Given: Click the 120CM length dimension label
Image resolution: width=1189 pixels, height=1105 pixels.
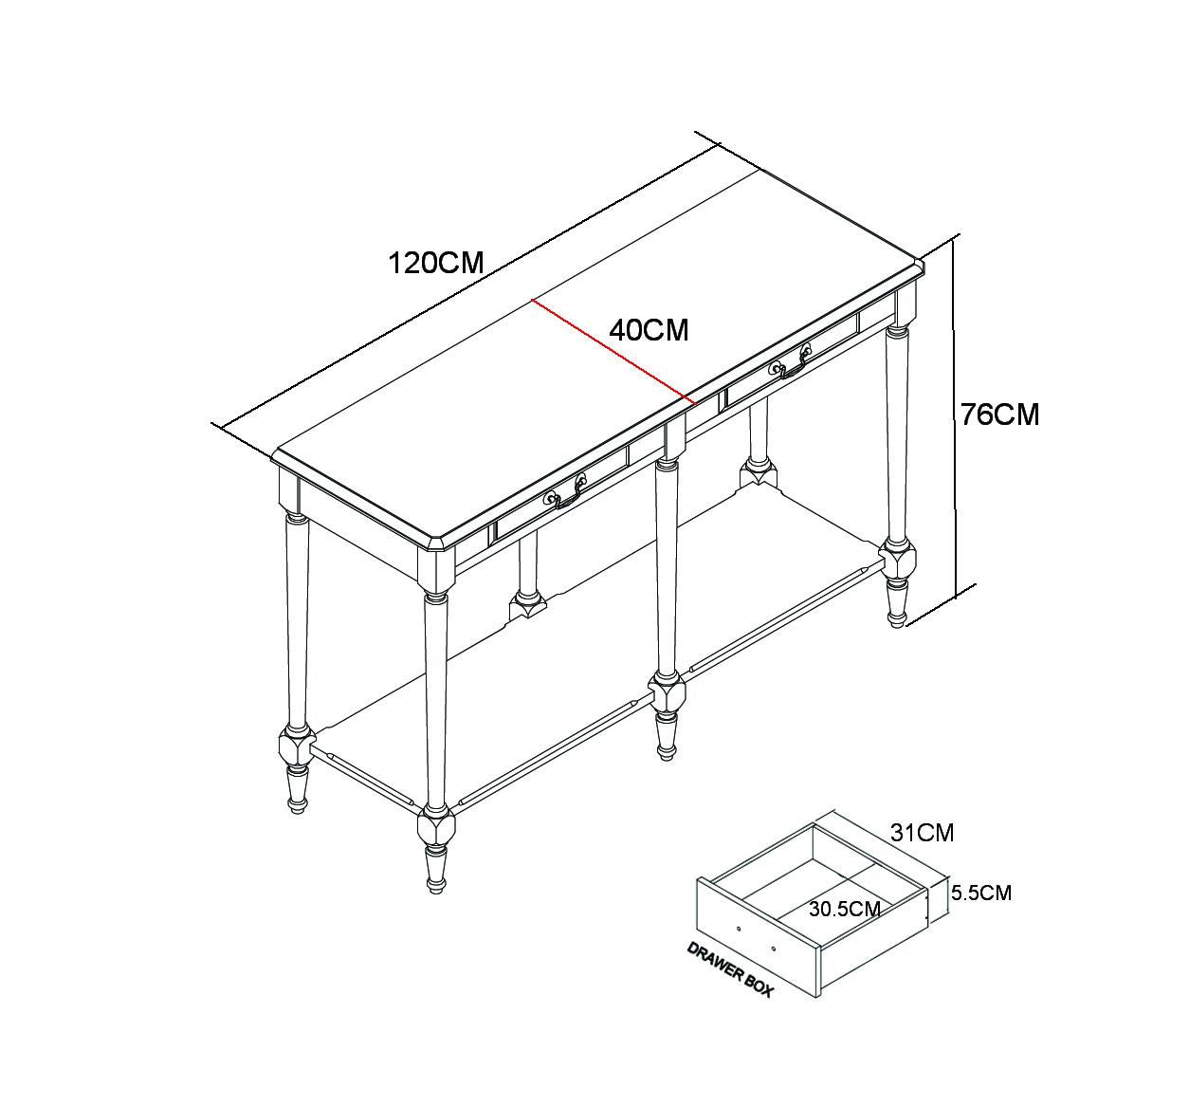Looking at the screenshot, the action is (436, 263).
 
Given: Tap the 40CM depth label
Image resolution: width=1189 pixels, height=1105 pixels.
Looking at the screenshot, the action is (649, 330).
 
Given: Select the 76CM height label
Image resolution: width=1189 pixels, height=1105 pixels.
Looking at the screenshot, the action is (999, 414).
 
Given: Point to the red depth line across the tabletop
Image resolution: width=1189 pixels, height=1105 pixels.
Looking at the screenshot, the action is (613, 352).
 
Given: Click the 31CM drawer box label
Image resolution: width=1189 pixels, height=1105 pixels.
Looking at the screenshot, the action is (922, 833).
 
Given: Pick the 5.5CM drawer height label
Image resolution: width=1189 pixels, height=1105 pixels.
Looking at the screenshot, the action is (981, 893).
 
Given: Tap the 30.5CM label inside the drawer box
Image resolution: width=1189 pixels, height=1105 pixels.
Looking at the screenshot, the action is (845, 910).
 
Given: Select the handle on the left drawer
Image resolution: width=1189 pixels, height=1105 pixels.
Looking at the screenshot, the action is (564, 491).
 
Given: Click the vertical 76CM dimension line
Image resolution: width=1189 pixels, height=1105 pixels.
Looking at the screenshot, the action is (955, 415).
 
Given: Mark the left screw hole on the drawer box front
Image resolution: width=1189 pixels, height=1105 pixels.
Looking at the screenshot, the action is (739, 929).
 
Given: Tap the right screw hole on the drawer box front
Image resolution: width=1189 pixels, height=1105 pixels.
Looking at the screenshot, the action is (773, 948).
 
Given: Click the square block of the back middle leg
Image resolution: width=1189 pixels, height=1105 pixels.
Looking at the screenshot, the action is (759, 475).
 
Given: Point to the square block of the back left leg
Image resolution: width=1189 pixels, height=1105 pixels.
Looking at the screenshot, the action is (527, 606).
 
